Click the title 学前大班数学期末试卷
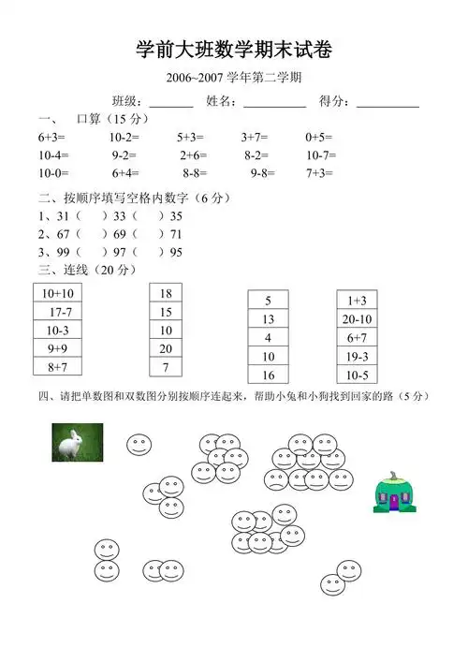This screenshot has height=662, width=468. [234, 50]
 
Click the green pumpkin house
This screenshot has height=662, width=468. [394, 494]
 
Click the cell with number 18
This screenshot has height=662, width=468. [166, 294]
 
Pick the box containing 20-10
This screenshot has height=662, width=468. [357, 319]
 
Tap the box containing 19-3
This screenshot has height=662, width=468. [357, 356]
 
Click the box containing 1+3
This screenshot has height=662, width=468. [357, 301]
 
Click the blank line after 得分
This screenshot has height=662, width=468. [388, 102]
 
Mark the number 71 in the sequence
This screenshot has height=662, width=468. [176, 234]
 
